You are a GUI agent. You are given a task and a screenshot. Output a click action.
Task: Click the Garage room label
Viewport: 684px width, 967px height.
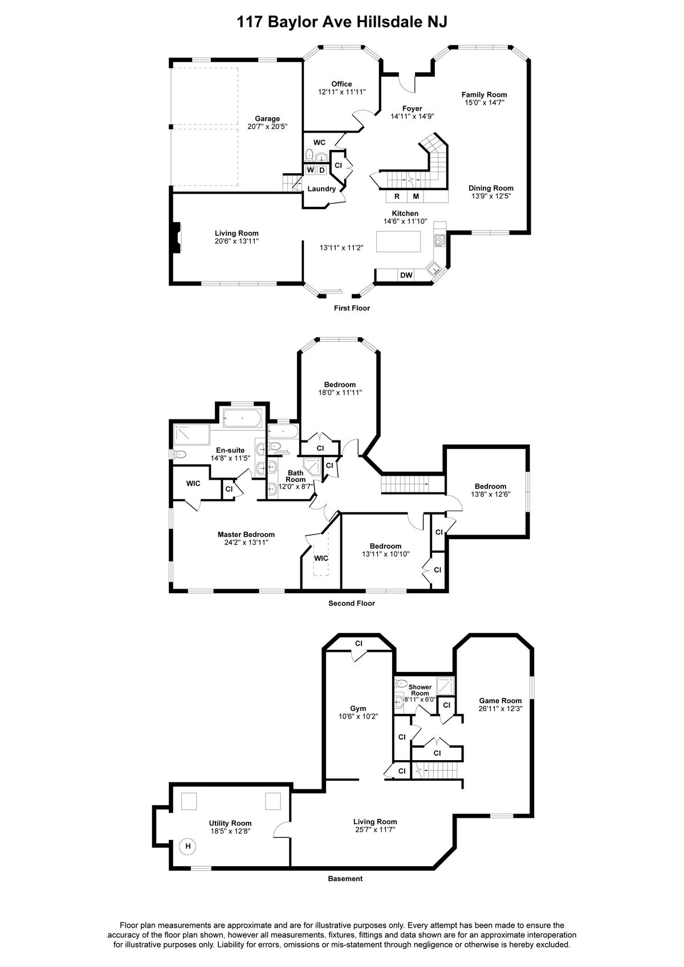coord(267,119)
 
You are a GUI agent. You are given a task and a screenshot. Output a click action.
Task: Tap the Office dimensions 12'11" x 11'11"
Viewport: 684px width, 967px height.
coord(341,92)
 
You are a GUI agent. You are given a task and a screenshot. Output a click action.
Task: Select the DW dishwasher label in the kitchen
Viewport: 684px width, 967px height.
coord(406,275)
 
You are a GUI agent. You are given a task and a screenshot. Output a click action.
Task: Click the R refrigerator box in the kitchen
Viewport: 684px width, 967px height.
coord(397,197)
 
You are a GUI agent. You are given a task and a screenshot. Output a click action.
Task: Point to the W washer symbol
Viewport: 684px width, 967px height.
coord(310,170)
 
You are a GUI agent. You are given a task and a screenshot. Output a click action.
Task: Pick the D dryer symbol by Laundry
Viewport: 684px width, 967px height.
coord(321,170)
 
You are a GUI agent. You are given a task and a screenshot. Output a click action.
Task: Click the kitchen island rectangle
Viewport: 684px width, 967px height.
coord(398,241)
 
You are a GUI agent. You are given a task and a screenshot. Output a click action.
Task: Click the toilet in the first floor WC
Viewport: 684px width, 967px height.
coord(309,154)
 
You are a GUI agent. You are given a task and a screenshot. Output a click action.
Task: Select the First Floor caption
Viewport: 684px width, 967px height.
coord(352,308)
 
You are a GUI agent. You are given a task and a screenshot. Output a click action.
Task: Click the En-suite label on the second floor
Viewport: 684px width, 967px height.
coord(230,450)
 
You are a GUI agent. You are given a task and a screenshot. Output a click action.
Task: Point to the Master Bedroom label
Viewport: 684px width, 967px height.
coord(246,534)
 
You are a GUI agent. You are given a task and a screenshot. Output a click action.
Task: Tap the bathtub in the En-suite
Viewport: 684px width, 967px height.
coord(242,418)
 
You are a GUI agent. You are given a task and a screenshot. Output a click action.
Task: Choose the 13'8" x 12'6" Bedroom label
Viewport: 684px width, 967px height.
coord(491,490)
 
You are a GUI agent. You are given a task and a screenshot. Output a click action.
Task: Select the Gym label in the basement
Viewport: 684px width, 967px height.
coord(358,708)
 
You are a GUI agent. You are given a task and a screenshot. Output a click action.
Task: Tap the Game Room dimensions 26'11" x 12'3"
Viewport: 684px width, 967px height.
coord(500,708)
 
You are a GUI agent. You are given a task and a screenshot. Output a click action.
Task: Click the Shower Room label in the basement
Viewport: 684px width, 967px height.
coord(420,690)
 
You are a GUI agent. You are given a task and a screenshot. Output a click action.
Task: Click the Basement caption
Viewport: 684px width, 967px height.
coord(345,878)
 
